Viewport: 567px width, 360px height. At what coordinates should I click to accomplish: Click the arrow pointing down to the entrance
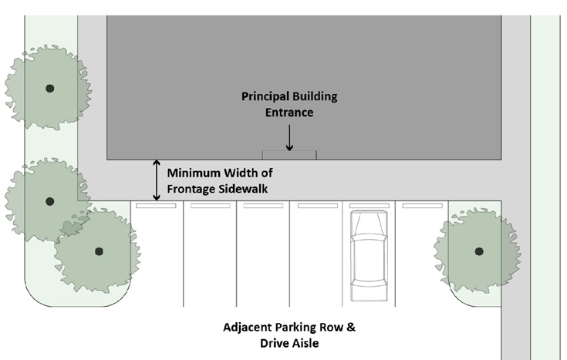point(289,137)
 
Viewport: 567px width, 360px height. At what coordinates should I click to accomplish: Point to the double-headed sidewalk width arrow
point(157,180)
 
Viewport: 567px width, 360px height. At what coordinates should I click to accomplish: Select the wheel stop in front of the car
point(369,207)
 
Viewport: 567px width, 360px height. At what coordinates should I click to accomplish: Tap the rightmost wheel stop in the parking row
point(422,207)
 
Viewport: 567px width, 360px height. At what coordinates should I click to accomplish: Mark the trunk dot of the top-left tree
point(50,88)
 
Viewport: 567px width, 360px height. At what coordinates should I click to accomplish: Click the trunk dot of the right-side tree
point(478,251)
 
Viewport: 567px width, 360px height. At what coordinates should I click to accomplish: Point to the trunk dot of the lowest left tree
point(98,251)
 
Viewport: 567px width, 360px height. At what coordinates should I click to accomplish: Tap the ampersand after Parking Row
point(351,327)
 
